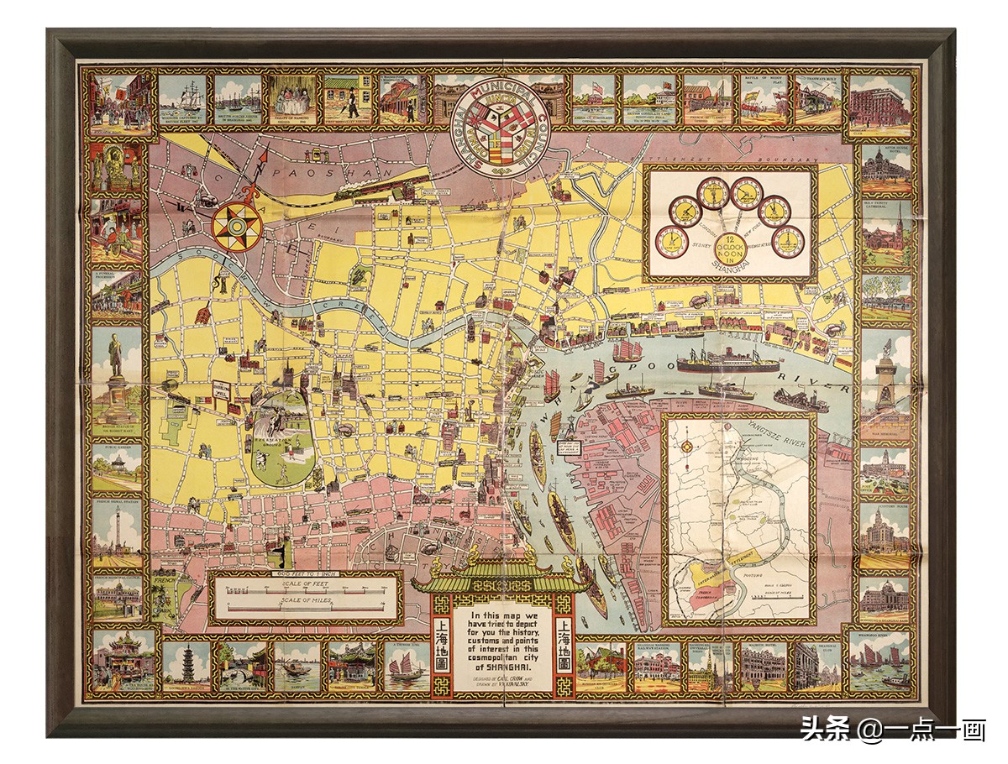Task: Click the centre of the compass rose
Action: (236, 225)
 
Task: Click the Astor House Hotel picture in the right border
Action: (885, 167)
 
